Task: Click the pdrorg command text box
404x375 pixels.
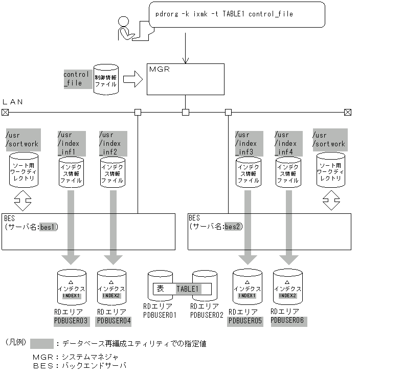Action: [237, 14]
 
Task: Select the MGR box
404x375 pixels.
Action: [185, 79]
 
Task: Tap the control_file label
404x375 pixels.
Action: [76, 78]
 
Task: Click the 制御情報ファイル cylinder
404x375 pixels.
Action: [106, 80]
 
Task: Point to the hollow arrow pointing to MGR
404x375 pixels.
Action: [132, 79]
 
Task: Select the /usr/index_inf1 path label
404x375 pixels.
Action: [70, 143]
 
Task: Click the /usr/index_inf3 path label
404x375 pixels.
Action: [248, 143]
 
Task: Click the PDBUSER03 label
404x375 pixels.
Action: [71, 321]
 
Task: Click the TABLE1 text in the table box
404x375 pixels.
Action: [188, 289]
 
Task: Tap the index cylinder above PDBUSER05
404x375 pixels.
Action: [248, 288]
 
